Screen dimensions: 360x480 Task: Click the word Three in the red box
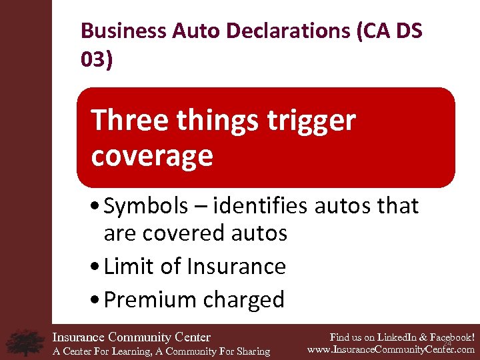(x=125, y=121)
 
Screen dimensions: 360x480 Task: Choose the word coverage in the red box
(x=152, y=156)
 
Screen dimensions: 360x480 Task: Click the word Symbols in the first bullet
(x=146, y=207)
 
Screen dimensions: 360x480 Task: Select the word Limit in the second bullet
(x=128, y=267)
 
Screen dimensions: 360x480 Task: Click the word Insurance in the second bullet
(x=237, y=267)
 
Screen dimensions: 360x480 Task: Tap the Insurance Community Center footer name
(x=131, y=337)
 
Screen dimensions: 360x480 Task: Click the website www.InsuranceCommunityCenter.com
(x=391, y=349)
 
